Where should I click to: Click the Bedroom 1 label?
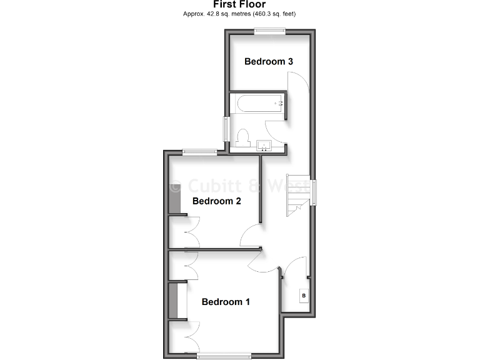(226, 302)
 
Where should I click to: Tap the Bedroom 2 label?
(216, 201)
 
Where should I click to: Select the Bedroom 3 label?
(269, 61)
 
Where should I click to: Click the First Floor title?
(239, 4)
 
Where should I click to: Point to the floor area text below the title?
(239, 13)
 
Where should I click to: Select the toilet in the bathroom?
(244, 136)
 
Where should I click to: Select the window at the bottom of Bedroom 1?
(224, 356)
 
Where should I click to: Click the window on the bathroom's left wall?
(227, 129)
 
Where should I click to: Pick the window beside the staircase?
(314, 191)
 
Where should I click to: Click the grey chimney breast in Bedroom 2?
(175, 195)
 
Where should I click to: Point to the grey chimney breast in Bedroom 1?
(173, 301)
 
